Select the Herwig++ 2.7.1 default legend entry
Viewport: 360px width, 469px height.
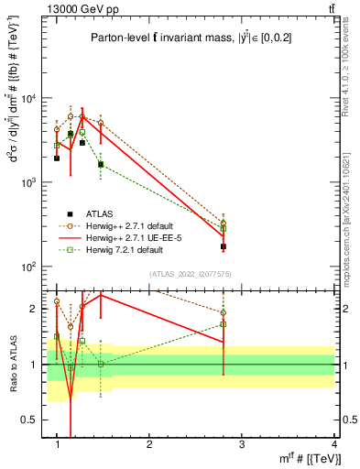[x=127, y=225]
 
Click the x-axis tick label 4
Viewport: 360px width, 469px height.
[x=333, y=444]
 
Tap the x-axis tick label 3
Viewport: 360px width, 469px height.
[x=241, y=444]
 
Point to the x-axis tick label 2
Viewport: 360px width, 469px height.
[x=149, y=444]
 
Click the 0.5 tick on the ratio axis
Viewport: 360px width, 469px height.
[x=33, y=419]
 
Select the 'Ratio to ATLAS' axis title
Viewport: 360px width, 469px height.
[x=14, y=364]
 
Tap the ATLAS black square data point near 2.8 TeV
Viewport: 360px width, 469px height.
[x=223, y=246]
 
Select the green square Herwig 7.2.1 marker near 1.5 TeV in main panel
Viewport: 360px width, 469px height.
[x=101, y=166]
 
